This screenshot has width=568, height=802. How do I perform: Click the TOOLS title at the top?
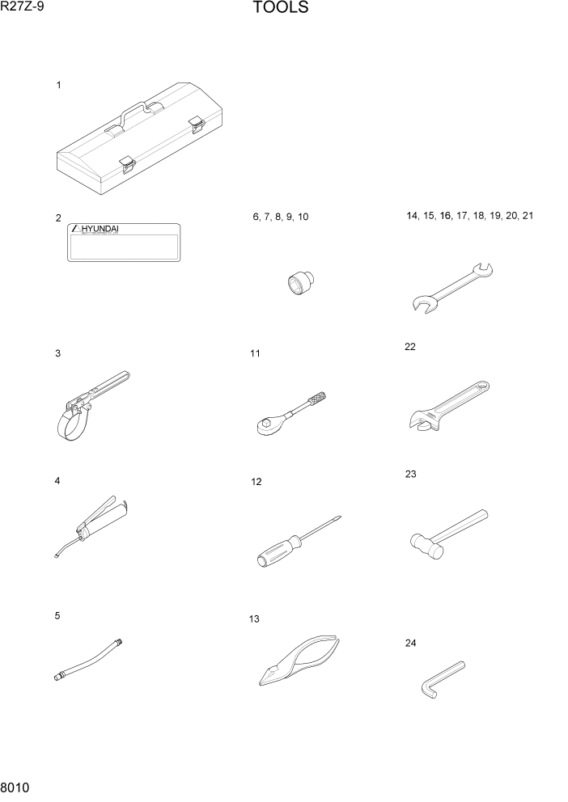pos(280,9)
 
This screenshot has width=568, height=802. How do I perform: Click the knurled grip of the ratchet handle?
pos(316,399)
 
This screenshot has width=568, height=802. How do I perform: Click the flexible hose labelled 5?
pos(89,659)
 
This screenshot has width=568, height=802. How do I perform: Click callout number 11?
pos(255,353)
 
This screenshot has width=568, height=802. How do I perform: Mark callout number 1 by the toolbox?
pos(58,85)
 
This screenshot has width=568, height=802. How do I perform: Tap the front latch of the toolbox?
pos(126,164)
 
